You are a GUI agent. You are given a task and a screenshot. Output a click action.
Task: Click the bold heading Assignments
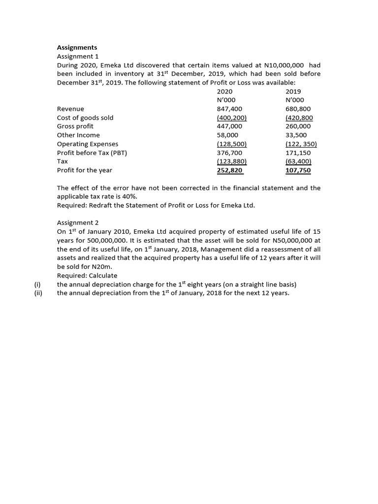pos(77,47)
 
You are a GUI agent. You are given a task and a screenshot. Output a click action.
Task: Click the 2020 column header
pos(224,92)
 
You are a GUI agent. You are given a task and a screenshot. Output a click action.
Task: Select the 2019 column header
pos(293,92)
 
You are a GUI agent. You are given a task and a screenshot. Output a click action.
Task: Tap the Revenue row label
pos(70,109)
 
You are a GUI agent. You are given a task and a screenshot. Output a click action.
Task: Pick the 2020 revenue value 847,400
pos(229,109)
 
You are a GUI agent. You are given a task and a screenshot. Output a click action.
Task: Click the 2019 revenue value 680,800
pos(298,109)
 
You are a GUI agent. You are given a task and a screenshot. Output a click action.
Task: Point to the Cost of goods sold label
pos(85,118)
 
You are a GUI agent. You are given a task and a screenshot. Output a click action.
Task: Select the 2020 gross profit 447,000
pos(229,126)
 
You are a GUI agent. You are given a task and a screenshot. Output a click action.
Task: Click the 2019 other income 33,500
pos(296,135)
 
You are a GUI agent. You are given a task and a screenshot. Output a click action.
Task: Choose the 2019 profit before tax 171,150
pos(298,153)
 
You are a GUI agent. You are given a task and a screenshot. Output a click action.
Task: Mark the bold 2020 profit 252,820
pos(229,170)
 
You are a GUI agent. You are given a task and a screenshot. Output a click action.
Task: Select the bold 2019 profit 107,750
pos(298,170)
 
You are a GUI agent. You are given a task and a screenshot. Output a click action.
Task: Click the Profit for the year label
pos(85,170)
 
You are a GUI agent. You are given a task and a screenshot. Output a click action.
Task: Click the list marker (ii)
pos(37,293)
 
